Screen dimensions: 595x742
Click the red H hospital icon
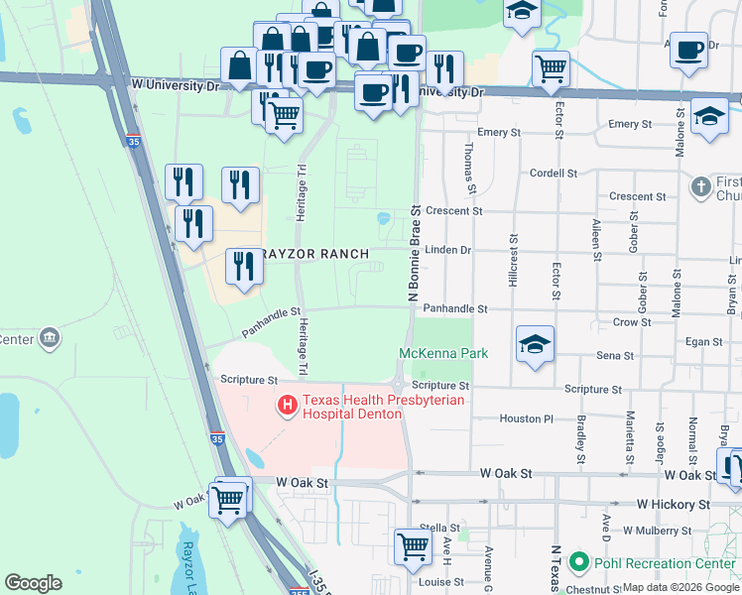tap(288, 405)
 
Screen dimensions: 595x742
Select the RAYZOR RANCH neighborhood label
tap(314, 254)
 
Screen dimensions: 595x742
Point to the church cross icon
tap(701, 185)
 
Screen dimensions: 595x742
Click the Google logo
tap(33, 583)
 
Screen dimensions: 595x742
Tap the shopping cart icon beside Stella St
tap(412, 544)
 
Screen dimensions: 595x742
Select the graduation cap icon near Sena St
tap(535, 344)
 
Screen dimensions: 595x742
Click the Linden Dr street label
tap(447, 250)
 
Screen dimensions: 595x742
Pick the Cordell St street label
tap(554, 173)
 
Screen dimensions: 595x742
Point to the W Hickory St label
tap(674, 505)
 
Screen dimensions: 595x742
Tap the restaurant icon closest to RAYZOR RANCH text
tap(242, 265)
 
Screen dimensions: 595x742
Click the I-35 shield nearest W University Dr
tap(132, 139)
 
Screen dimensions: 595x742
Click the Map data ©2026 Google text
tap(680, 587)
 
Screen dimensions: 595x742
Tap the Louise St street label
tap(434, 582)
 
